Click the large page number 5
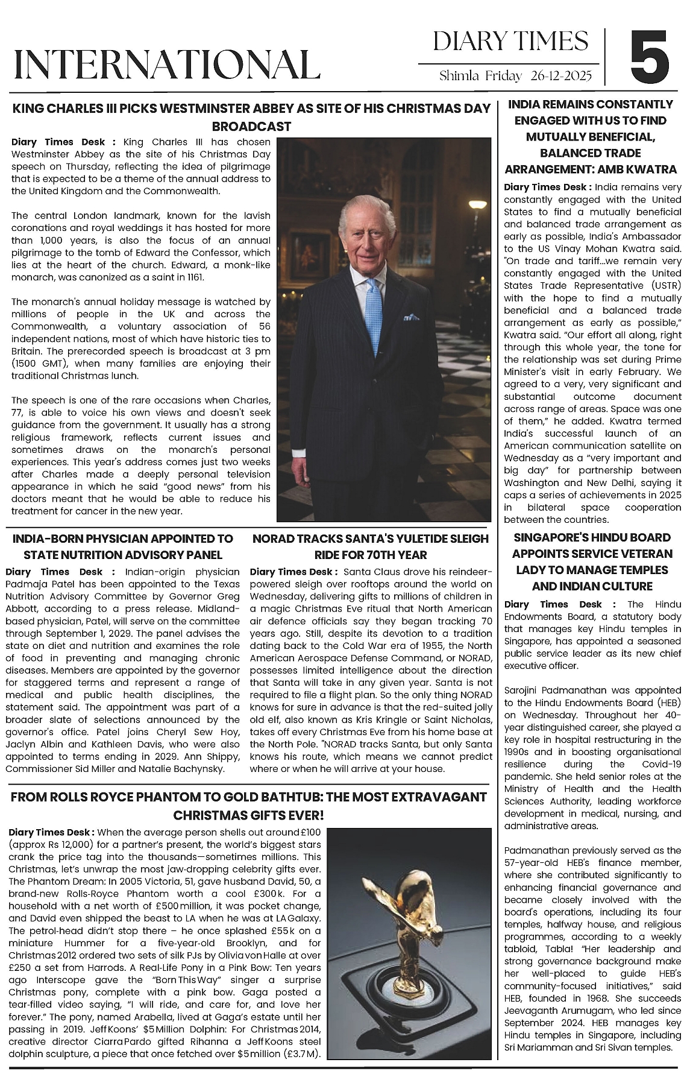650,57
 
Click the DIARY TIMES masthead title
510,41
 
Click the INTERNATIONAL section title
167,65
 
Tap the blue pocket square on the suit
412,317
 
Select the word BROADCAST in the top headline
252,127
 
